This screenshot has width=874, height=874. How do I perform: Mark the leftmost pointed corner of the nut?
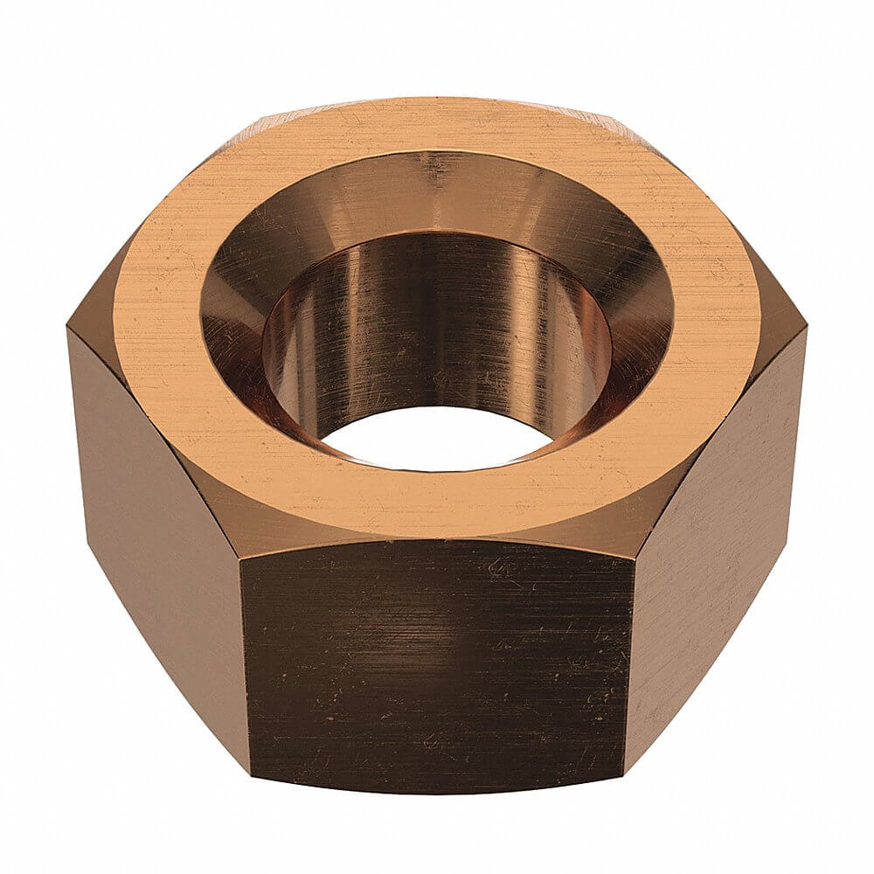[68, 329]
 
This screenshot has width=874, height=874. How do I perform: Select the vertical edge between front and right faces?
[630, 664]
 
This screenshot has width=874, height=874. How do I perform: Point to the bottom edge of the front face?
[437, 792]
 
